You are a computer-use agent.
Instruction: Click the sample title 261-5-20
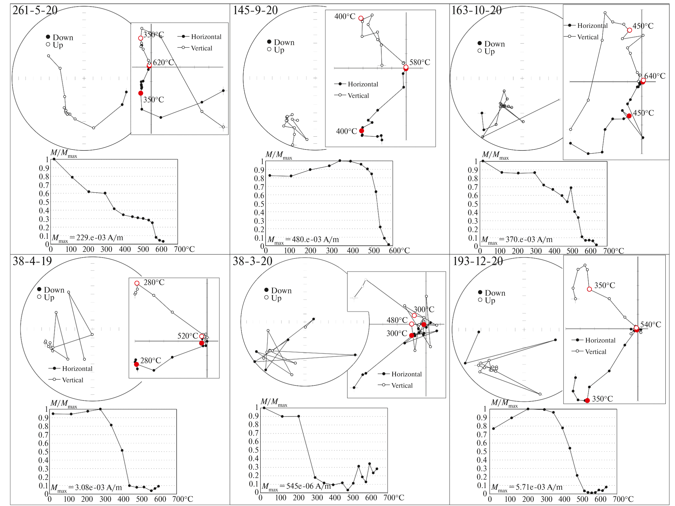(35, 10)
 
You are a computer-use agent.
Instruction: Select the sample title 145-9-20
(255, 10)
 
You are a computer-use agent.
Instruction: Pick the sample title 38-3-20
(252, 261)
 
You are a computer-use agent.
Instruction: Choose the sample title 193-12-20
(478, 261)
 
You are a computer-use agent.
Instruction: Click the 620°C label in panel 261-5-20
(163, 62)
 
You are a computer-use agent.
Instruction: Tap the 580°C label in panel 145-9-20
(420, 62)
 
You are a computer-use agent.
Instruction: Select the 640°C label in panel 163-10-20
(655, 76)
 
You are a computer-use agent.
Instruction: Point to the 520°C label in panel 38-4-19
(188, 336)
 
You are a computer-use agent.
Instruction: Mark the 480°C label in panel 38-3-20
(397, 320)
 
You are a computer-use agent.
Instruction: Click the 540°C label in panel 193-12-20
(650, 325)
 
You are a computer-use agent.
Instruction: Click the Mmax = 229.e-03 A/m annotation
(87, 238)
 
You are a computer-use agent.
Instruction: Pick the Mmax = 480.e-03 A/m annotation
(303, 240)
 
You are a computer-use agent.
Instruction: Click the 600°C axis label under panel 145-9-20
(399, 251)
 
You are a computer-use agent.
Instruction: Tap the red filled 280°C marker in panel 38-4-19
(136, 364)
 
